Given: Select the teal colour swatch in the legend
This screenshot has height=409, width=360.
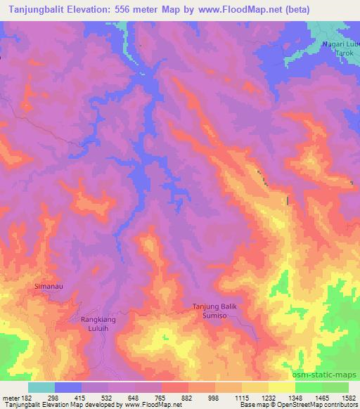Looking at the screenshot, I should coord(41,387).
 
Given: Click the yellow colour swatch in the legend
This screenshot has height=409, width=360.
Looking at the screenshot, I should coord(281,387).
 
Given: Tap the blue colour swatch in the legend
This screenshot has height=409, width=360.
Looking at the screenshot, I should coord(68,387).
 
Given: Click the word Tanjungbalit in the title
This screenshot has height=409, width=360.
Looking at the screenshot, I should coord(33,9).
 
